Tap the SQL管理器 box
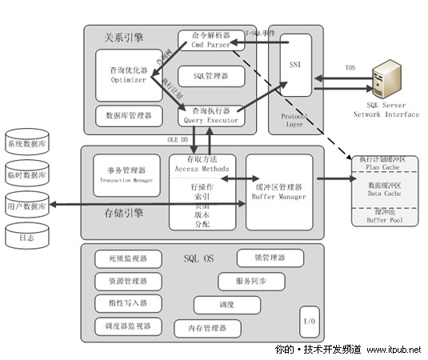click(210, 76)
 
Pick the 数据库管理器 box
click(128, 115)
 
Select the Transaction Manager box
click(126, 174)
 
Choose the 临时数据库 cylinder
click(27, 174)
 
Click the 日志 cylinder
click(27, 235)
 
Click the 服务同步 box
click(250, 282)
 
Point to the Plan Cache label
click(386, 166)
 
